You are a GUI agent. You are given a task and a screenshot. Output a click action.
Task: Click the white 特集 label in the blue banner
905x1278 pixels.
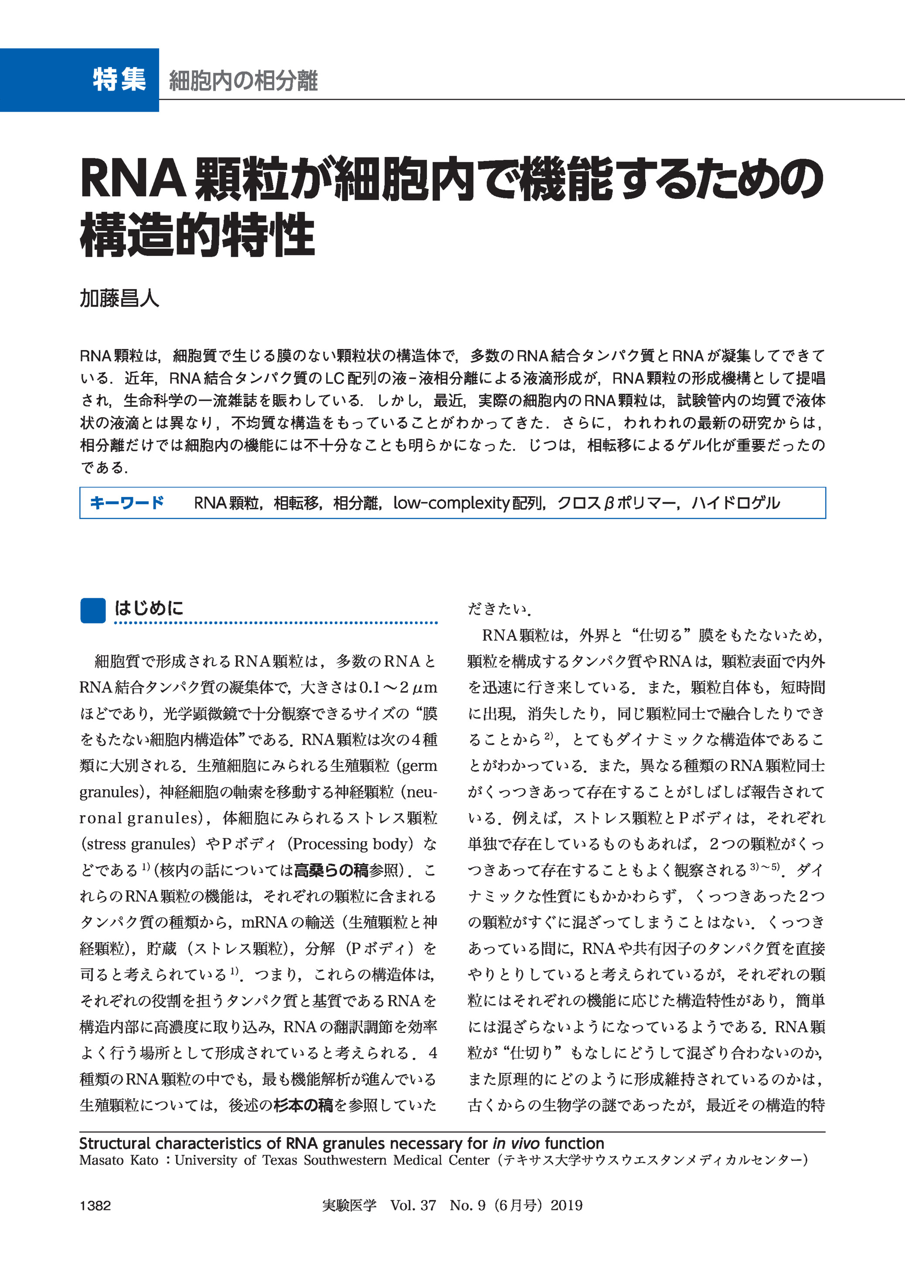point(119,79)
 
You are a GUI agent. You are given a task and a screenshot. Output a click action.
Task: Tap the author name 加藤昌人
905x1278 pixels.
point(119,298)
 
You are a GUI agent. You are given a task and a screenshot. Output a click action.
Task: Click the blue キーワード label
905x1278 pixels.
point(127,503)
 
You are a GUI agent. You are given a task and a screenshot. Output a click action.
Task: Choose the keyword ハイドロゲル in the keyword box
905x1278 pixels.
point(735,503)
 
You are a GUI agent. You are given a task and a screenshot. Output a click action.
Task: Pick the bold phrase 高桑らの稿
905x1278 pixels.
point(331,870)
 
